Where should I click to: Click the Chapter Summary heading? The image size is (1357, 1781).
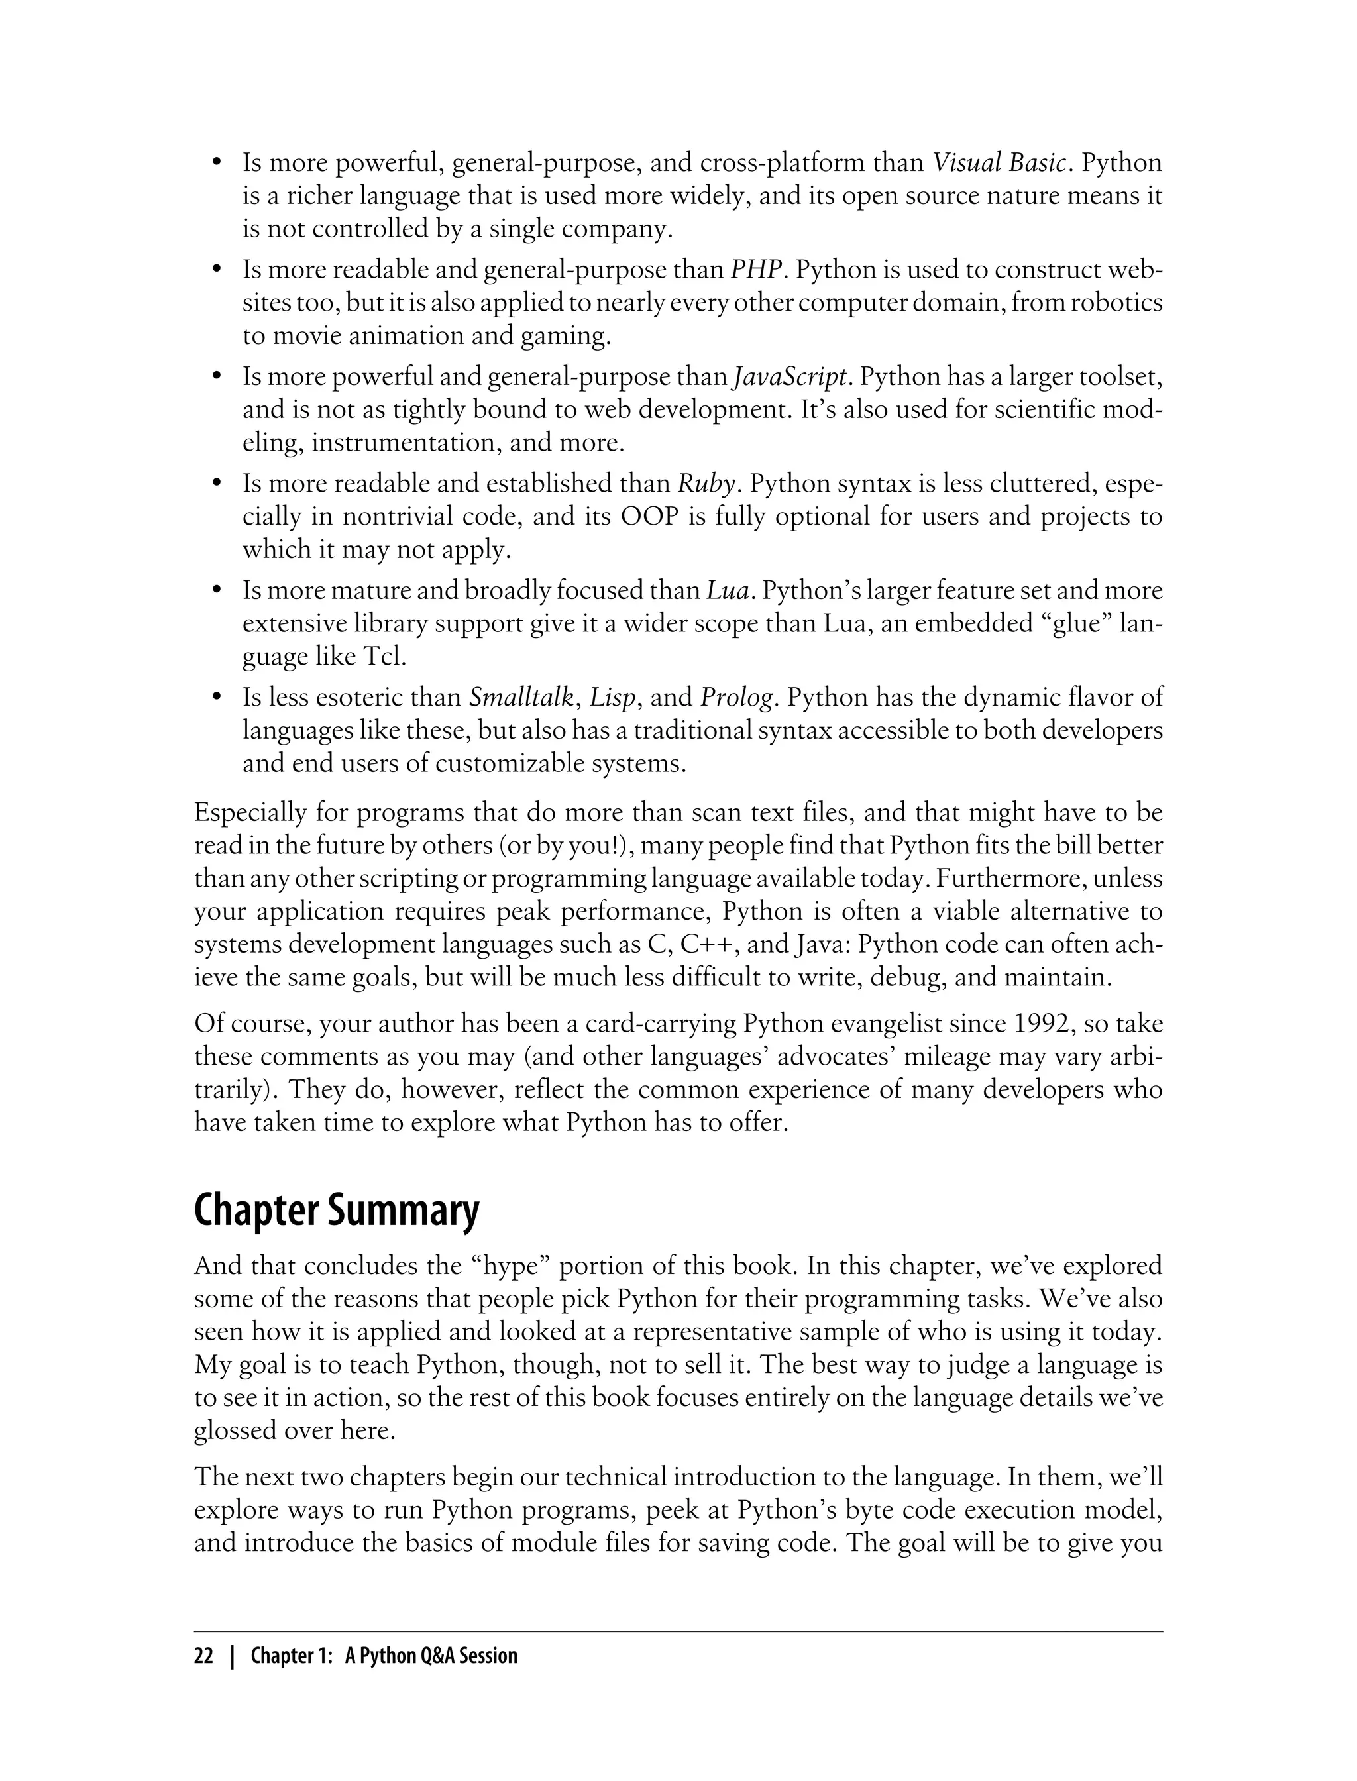pyautogui.click(x=337, y=1212)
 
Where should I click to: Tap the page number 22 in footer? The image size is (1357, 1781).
pyautogui.click(x=203, y=1656)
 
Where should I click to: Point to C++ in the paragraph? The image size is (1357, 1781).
pyautogui.click(x=709, y=945)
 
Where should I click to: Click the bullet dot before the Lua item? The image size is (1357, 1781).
pyautogui.click(x=217, y=591)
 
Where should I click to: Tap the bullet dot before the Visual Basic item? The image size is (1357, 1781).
pyautogui.click(x=217, y=163)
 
